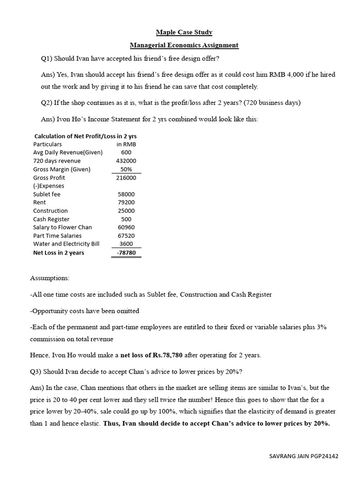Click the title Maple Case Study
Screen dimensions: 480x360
[184, 32]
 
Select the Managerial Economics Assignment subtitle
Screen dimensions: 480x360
[184, 45]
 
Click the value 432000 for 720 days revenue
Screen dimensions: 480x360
[126, 161]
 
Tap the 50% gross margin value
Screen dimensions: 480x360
[126, 170]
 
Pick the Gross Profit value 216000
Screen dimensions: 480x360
[126, 178]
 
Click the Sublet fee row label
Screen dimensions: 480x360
[47, 195]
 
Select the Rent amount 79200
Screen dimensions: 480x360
[126, 202]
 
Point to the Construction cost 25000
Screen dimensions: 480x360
[126, 211]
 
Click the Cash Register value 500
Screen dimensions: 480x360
[126, 219]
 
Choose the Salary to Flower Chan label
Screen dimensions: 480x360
[62, 227]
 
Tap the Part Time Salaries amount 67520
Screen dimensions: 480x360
[126, 236]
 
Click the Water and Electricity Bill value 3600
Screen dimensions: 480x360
[126, 244]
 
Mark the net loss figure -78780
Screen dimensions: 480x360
[126, 253]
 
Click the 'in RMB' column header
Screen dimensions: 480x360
[126, 144]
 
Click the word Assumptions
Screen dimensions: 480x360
[50, 278]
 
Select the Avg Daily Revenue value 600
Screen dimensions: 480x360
[126, 153]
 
